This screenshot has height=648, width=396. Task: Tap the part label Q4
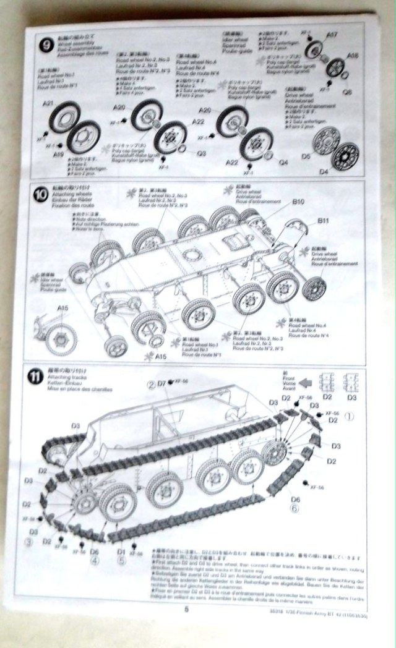click(x=283, y=163)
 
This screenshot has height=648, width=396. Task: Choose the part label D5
click(x=306, y=158)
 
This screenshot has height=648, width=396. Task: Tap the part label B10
click(x=299, y=202)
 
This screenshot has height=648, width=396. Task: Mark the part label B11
click(x=322, y=221)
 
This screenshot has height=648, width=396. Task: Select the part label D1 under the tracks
click(x=121, y=551)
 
